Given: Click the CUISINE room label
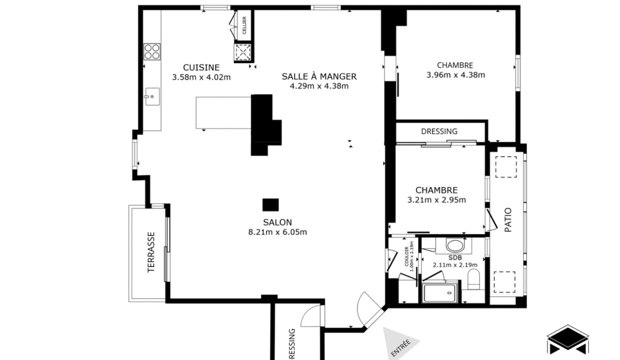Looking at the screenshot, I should tap(201, 67).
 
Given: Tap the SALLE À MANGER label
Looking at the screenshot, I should tap(319, 76).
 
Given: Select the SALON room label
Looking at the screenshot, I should tap(277, 222).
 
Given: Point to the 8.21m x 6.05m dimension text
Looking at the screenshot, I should tap(277, 232).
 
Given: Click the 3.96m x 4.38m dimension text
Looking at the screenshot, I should tap(455, 75).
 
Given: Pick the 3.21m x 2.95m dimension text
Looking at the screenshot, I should tap(436, 200).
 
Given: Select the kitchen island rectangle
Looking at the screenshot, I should tap(223, 112).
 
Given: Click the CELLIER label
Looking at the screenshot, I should tap(244, 28).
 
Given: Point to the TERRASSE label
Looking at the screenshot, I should tap(151, 252).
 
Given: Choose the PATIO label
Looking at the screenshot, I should tap(507, 219).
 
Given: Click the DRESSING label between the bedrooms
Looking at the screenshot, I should tap(439, 131).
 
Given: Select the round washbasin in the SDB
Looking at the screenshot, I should tap(454, 245).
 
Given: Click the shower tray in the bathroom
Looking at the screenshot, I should tap(440, 292).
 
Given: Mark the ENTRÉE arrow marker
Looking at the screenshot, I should tap(399, 344).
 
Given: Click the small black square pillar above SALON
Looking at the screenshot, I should tap(270, 204).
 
